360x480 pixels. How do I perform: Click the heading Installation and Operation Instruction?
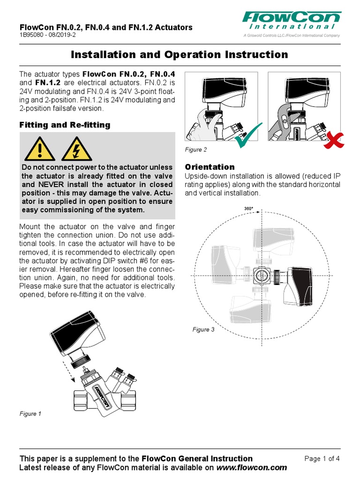180,55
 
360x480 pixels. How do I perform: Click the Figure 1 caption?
30,414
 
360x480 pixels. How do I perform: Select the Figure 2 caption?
196,150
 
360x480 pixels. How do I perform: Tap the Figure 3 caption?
203,330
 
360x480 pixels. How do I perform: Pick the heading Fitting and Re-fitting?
65,125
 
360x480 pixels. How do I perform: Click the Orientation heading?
210,167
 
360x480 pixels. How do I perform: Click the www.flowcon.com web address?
252,468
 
